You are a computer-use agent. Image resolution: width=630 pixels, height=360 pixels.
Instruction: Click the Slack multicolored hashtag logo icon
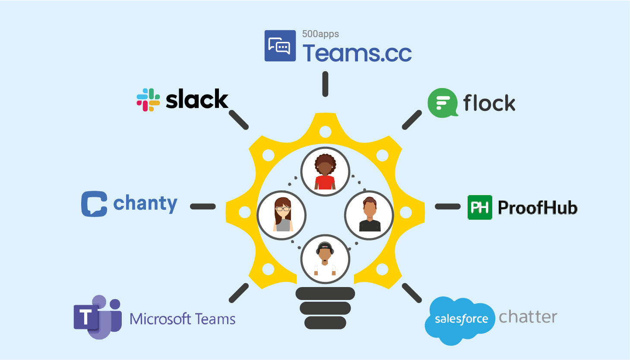coord(148,100)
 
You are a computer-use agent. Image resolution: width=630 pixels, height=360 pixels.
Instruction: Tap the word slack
coord(197,100)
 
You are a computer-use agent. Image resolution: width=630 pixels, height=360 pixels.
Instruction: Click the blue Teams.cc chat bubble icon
coord(280,46)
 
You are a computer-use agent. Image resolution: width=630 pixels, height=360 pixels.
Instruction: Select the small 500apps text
coord(320,34)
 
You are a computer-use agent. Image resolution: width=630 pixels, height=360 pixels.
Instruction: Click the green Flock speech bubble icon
coord(442,103)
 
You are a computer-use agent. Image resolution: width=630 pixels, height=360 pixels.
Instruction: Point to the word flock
coord(489,103)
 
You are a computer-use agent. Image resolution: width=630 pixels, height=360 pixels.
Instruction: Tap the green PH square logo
coord(480,208)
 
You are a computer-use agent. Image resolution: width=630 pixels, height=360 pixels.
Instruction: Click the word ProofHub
coord(538,208)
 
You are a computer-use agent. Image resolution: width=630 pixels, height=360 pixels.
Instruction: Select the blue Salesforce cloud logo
coord(460,320)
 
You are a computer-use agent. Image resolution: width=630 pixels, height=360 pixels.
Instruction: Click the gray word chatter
coord(528,317)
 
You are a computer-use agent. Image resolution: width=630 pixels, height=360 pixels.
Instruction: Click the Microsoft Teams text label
coord(182,319)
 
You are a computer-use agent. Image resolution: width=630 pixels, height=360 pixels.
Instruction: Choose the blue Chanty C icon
coord(94,204)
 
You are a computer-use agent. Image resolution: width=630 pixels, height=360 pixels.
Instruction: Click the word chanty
coord(145,203)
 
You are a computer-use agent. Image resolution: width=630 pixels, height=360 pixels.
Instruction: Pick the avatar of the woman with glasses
coord(282,215)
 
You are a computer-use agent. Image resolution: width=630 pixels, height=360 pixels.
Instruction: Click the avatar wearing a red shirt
coord(325,172)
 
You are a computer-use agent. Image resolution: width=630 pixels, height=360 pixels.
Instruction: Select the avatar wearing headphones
coord(325,259)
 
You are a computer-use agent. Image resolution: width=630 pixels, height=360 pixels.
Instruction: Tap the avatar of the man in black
coord(369,215)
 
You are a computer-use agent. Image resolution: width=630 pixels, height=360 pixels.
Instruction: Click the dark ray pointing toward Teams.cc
coord(325,84)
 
